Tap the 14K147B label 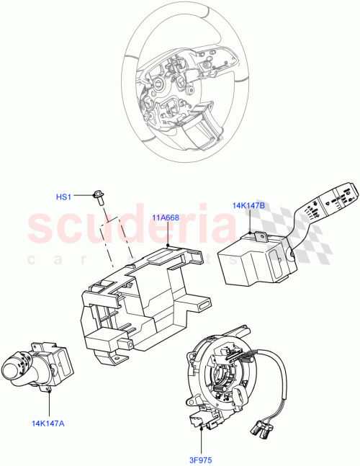pyautogui.click(x=248, y=205)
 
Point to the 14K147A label pyautogui.click(x=48, y=423)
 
